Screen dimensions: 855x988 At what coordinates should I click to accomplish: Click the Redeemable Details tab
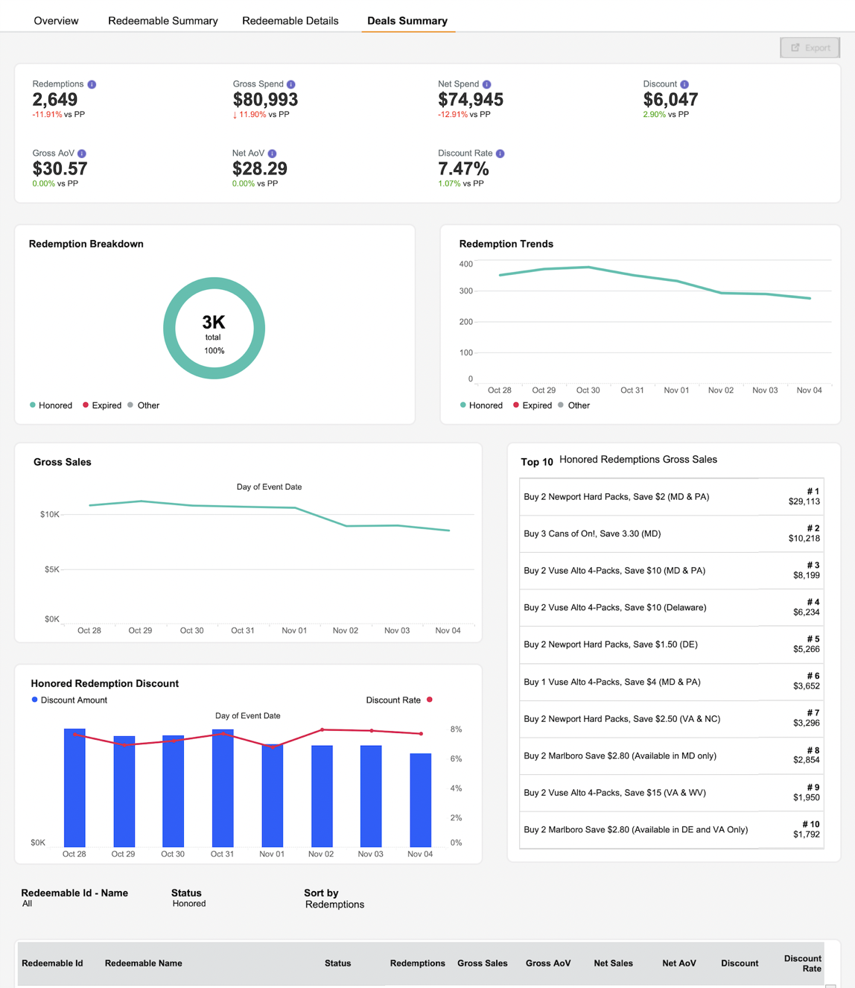(290, 21)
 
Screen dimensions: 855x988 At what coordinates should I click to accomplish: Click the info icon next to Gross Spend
(291, 85)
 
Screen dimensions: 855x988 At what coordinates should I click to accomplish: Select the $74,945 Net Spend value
(470, 99)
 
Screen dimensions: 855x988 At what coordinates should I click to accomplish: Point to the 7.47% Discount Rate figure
(463, 168)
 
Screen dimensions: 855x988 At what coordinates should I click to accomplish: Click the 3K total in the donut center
(214, 322)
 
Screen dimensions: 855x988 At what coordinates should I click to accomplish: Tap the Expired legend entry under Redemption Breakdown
(102, 405)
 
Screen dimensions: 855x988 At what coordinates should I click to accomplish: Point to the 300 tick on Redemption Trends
(465, 291)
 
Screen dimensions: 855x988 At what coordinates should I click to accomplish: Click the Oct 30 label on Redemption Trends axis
(588, 390)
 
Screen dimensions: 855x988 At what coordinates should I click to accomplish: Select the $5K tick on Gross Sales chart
(51, 569)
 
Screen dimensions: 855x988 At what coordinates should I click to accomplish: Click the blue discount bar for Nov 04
(421, 800)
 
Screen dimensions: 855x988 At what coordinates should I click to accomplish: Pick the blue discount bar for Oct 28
(74, 788)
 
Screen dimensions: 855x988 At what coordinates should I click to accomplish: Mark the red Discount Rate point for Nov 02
(322, 729)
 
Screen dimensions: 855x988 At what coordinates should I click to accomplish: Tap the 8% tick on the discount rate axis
(456, 729)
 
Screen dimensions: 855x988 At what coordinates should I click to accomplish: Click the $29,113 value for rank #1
(804, 501)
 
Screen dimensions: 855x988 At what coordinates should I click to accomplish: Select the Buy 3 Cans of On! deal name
(592, 533)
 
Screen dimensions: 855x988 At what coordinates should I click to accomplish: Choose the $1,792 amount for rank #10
(807, 834)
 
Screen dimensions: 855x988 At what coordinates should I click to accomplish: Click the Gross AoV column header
(548, 963)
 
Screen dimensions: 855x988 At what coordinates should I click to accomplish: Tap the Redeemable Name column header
(144, 963)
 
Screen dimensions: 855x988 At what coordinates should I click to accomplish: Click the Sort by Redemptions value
(334, 905)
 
